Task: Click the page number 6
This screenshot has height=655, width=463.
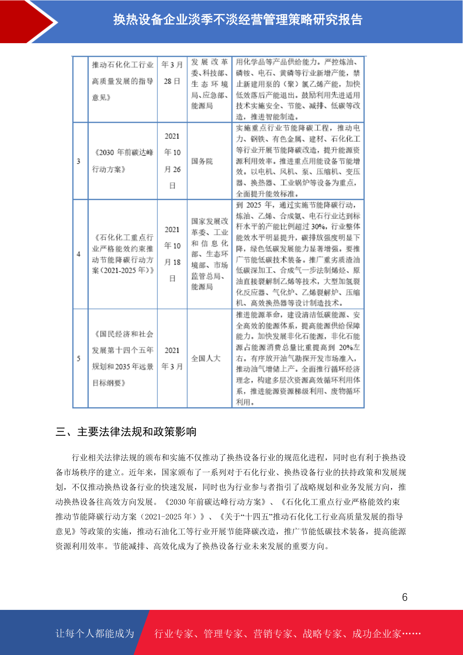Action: [x=404, y=597]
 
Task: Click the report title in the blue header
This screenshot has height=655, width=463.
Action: [x=238, y=19]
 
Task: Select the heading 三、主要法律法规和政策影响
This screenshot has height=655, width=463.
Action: [x=126, y=432]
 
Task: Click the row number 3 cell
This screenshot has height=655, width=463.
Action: [x=79, y=161]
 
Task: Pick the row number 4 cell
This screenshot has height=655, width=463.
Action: [x=79, y=254]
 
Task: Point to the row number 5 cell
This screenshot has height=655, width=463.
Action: [x=79, y=358]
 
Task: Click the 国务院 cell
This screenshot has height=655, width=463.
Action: [x=202, y=161]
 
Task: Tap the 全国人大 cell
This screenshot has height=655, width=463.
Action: [x=206, y=358]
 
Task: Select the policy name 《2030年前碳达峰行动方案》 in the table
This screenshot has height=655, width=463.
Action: [x=123, y=161]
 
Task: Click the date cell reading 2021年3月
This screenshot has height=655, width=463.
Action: [x=172, y=358]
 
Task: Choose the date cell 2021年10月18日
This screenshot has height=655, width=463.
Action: [x=172, y=254]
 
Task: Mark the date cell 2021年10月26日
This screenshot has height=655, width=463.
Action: [x=172, y=161]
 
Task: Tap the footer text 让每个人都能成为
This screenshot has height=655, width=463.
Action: [x=95, y=634]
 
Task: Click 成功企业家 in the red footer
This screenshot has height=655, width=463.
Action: [x=376, y=634]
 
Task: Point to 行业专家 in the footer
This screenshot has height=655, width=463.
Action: [x=174, y=634]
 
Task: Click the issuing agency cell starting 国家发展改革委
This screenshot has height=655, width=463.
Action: [x=210, y=254]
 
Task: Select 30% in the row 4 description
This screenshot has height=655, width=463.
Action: [x=318, y=226]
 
